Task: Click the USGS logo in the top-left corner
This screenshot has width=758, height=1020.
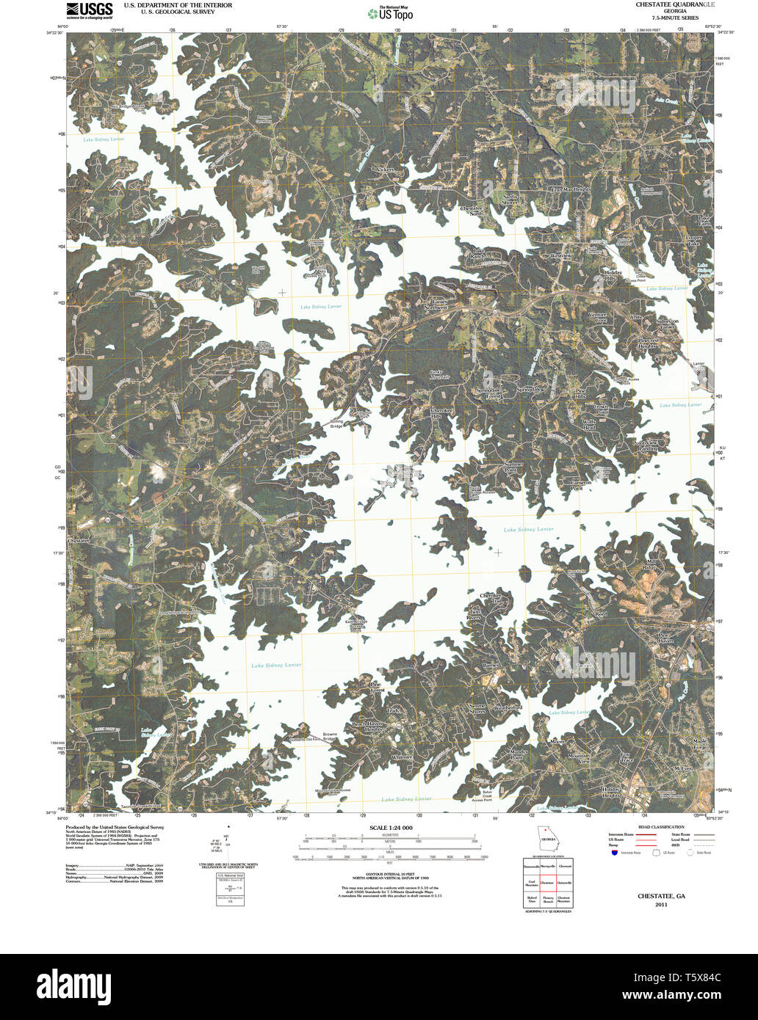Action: tap(90, 10)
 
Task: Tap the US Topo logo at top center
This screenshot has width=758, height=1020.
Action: tap(390, 12)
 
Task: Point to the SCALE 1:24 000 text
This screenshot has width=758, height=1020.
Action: tap(386, 827)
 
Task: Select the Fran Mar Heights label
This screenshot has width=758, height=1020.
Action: tap(571, 189)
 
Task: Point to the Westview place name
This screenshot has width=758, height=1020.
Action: tap(560, 255)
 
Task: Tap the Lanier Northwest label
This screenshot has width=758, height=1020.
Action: tap(439, 305)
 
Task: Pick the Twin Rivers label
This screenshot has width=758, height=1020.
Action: tap(474, 615)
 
